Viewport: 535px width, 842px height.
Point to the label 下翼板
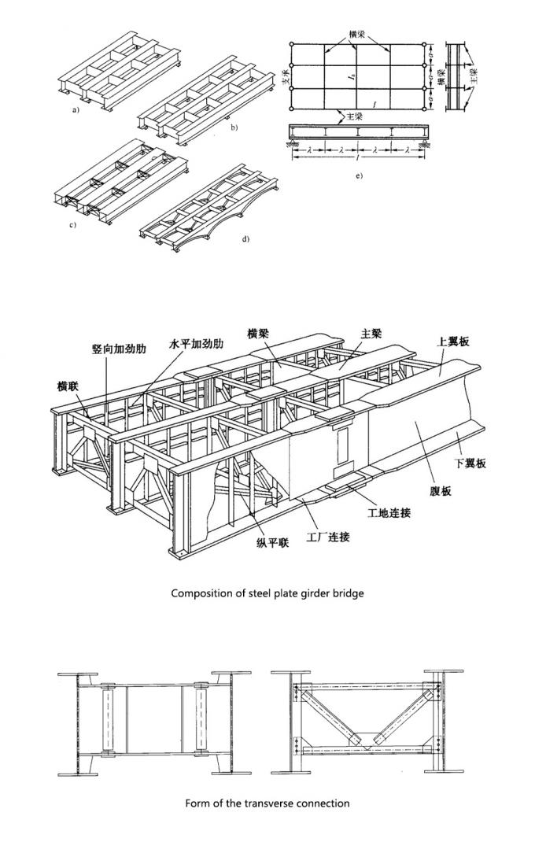coord(470,463)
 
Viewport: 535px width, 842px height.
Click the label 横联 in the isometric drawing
coord(68,386)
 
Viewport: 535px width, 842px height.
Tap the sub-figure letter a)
coord(76,110)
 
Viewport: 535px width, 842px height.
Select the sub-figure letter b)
coord(234,126)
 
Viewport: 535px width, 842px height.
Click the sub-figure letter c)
coord(72,225)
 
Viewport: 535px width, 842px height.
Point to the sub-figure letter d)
coord(245,238)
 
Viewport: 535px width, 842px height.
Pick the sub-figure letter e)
coord(359,175)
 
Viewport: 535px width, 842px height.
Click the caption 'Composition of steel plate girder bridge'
coord(267,593)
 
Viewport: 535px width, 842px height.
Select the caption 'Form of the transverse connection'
coord(267,803)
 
